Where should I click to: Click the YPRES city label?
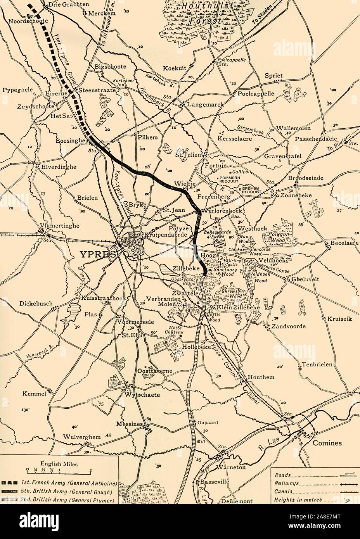pos(97,254)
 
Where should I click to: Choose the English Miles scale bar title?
pos(58,463)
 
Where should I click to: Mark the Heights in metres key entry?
pos(298,500)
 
